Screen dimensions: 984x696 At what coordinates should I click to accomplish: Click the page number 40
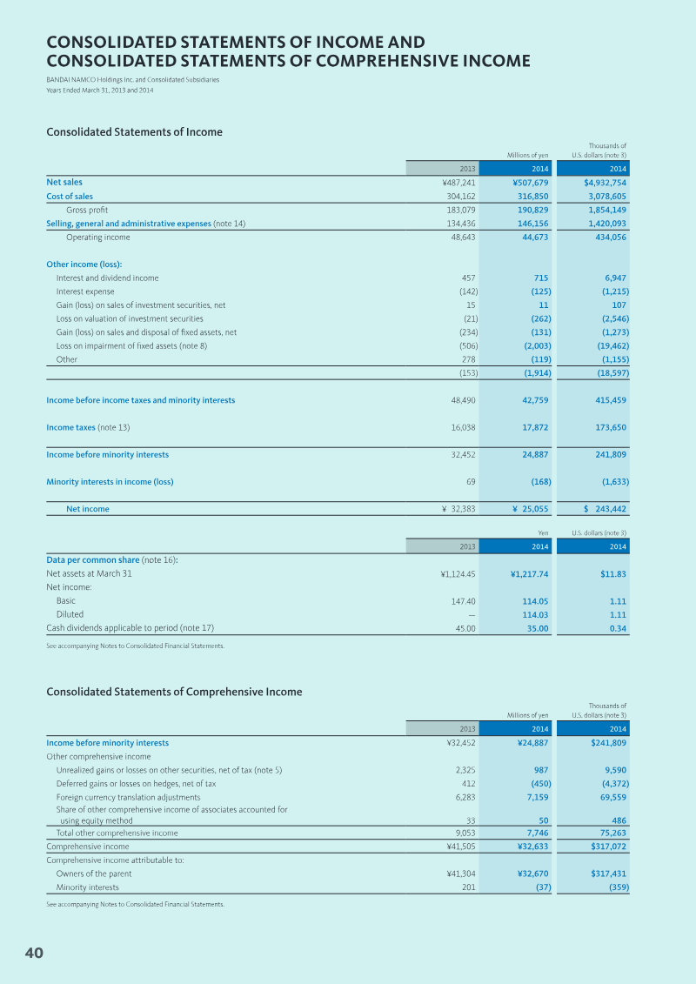(x=34, y=954)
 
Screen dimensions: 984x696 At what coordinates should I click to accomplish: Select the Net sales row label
(x=64, y=183)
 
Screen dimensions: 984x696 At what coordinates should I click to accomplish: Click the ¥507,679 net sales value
(x=530, y=183)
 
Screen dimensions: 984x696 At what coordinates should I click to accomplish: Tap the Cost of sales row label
(x=70, y=197)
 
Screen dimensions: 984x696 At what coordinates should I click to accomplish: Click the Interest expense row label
(x=85, y=291)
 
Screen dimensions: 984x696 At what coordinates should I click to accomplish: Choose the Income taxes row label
(x=70, y=427)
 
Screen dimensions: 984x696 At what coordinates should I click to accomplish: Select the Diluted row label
(x=69, y=614)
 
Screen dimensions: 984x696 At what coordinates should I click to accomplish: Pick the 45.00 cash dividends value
(x=464, y=627)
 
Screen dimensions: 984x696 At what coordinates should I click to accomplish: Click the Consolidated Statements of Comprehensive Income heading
(x=174, y=692)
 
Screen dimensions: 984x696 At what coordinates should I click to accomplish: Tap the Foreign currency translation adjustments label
(x=128, y=797)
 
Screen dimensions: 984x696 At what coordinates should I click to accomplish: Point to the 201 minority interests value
(x=468, y=887)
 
